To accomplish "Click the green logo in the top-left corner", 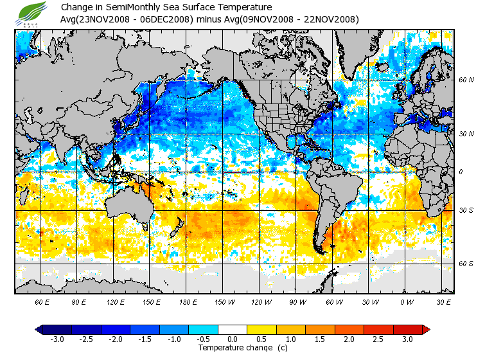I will coord(33,12).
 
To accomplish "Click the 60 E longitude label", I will coord(42,301).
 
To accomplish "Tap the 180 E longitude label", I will coord(188,301).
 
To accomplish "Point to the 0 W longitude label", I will coord(406,301).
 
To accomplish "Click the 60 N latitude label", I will coord(466,80).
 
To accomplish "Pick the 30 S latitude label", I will coord(466,210).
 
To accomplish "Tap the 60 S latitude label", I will coord(466,264).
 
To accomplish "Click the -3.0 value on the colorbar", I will coord(57,339).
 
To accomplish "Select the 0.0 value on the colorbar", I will coord(233,339).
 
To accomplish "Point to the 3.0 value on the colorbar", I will coord(408,339).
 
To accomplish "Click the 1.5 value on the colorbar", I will coord(321,339).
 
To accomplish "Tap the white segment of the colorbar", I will coord(233,329).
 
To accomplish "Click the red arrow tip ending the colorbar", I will coord(427,329).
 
